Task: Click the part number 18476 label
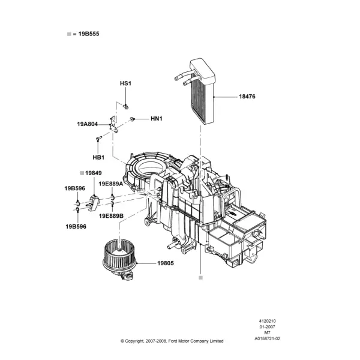tap(247, 97)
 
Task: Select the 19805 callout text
tap(166, 263)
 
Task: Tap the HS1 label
tap(125, 83)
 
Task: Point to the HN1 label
tap(157, 118)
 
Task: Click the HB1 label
tap(98, 157)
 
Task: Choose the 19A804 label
tap(88, 124)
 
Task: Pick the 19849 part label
tap(94, 173)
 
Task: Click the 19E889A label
tap(111, 184)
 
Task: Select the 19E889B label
tap(111, 216)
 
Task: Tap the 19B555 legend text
tap(89, 34)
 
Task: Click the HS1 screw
tap(125, 107)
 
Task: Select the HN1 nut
tap(132, 119)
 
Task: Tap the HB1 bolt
tap(99, 139)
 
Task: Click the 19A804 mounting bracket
tap(113, 124)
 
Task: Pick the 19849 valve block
tap(94, 202)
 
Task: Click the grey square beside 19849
tap(82, 173)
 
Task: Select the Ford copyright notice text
tap(172, 341)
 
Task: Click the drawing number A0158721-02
tap(267, 338)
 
